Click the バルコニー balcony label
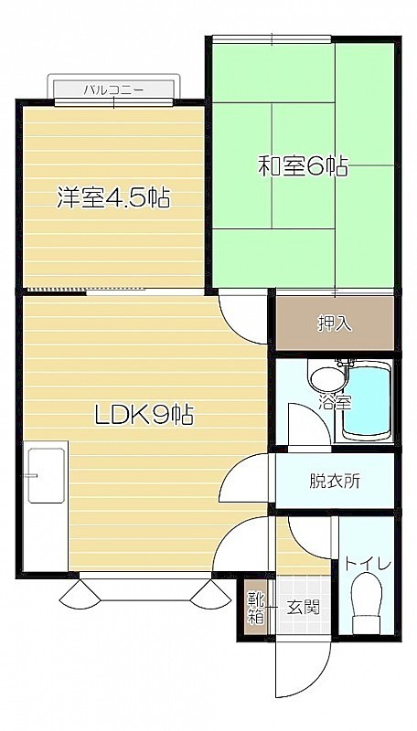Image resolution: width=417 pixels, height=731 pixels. pyautogui.click(x=113, y=90)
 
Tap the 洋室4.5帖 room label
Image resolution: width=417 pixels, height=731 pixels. pyautogui.click(x=112, y=197)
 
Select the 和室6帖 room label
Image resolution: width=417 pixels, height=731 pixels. pyautogui.click(x=304, y=166)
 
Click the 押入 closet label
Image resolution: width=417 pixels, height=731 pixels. pyautogui.click(x=336, y=323)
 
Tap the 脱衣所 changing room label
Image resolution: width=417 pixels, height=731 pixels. pyautogui.click(x=335, y=481)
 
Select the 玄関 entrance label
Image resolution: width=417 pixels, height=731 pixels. pyautogui.click(x=304, y=607)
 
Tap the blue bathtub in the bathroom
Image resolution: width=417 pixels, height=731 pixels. pyautogui.click(x=366, y=401)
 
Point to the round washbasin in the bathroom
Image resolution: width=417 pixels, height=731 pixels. pyautogui.click(x=327, y=378)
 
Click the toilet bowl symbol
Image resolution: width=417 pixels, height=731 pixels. pyautogui.click(x=367, y=603)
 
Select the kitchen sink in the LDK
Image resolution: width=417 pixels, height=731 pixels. pyautogui.click(x=46, y=475)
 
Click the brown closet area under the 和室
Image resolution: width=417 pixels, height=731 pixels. pyautogui.click(x=336, y=323)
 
